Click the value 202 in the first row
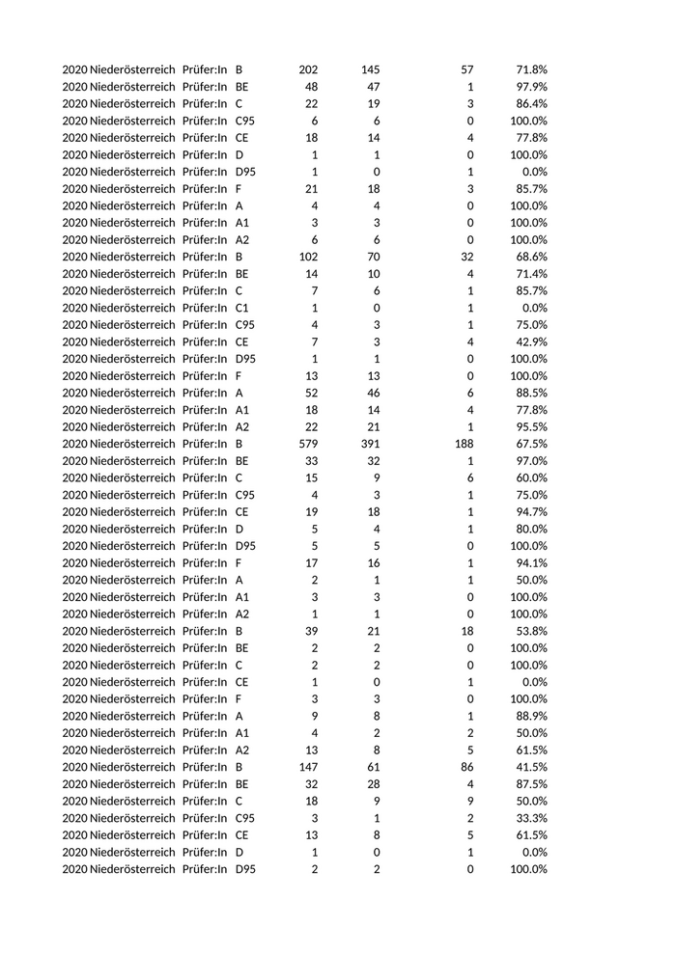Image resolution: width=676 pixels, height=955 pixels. (x=308, y=69)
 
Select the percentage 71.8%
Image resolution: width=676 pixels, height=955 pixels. (x=530, y=69)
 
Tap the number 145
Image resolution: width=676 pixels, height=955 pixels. (x=370, y=69)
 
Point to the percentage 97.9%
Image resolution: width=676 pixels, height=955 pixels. (x=530, y=87)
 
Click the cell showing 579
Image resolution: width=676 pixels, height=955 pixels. (x=308, y=444)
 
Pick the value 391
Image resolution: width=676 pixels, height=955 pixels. (x=370, y=444)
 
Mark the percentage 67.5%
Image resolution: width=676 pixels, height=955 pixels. (x=530, y=444)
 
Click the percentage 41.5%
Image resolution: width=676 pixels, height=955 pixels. (x=530, y=767)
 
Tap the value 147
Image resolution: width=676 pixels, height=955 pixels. (x=308, y=767)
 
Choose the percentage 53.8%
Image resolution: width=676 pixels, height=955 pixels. (x=530, y=631)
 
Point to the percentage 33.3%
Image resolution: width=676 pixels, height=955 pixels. (x=530, y=818)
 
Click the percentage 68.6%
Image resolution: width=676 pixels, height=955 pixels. (x=530, y=257)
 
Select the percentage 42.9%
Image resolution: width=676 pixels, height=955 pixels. (x=530, y=341)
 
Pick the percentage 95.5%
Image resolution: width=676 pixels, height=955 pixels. (x=530, y=426)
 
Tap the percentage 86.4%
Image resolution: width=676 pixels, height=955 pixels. (x=530, y=104)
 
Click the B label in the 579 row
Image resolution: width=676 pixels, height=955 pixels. (x=239, y=444)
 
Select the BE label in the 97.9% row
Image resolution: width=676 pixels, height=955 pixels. (x=242, y=87)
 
